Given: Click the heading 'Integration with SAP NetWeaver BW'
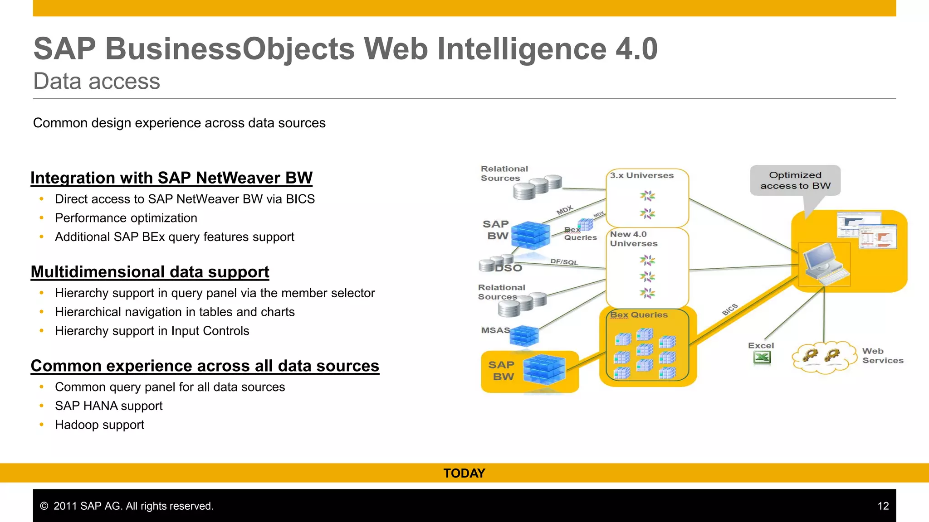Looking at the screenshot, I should pos(171,178).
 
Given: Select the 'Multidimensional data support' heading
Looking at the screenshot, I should pos(150,272).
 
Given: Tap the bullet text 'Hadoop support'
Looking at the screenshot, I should pos(99,425).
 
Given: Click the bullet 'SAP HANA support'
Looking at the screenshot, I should pos(108,406).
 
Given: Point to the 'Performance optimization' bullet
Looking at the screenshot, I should pos(126,218).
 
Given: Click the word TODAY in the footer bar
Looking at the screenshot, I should pos(464,473).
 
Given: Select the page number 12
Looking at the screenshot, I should pos(883,506).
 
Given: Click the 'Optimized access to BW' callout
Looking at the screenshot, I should pos(795,180).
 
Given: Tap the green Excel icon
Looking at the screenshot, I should pos(762,358).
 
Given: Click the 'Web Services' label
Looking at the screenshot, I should pos(882,356).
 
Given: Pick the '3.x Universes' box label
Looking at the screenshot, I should pos(641,175).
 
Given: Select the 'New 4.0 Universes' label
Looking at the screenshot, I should pos(633,239).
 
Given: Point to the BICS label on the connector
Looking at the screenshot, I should pos(730,309).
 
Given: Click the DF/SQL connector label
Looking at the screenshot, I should pos(564,262).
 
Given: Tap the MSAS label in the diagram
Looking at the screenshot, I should pos(495,330).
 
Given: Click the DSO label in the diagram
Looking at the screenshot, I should pos(509,268).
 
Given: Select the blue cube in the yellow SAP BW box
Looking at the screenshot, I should pos(544,370).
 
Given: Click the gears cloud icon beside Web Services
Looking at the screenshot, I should pos(821,357).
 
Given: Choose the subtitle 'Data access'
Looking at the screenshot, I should pos(97,82).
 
